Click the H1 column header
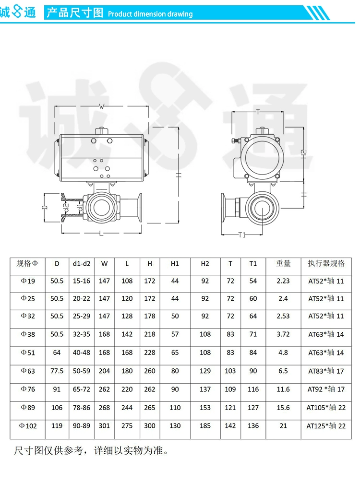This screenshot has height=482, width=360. point(175,264)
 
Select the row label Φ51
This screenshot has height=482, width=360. point(28,353)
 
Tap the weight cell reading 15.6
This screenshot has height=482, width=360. point(283,408)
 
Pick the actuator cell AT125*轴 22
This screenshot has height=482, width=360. point(326,426)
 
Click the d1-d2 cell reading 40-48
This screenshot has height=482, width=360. point(82,353)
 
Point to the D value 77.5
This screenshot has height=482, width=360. point(57,371)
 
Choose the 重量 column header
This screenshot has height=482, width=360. point(283,263)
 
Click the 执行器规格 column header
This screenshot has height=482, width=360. point(326,263)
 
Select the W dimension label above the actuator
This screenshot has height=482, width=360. point(102,106)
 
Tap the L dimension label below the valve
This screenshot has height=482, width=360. point(101,234)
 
